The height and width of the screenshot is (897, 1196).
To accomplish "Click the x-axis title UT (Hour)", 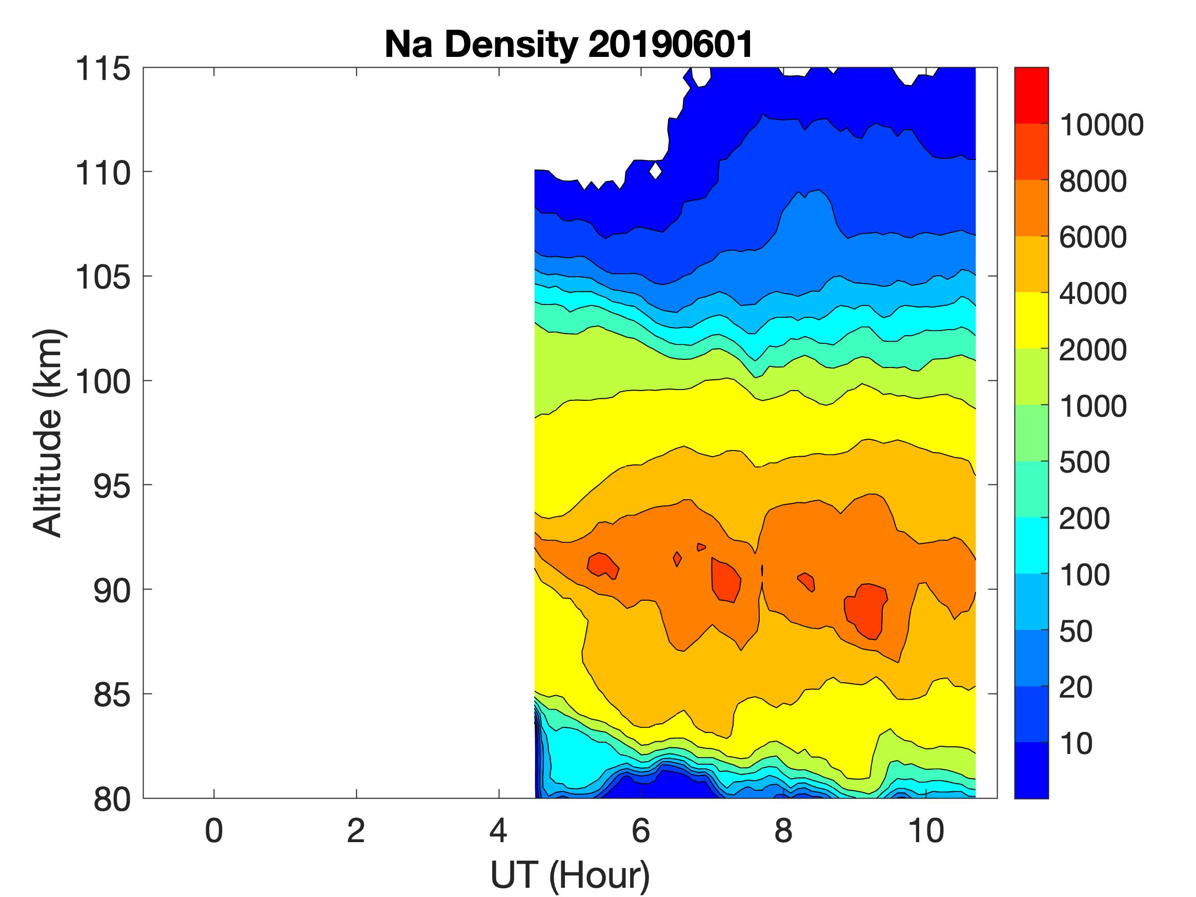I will [x=570, y=875].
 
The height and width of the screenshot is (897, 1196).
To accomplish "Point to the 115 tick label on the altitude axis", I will [x=103, y=69].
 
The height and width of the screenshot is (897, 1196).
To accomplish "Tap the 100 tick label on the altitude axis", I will [x=103, y=381].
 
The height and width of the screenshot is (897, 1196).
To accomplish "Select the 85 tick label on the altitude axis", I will [x=112, y=695].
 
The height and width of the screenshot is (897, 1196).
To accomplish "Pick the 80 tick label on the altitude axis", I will [x=112, y=799].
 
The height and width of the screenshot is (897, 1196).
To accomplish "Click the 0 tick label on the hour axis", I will [x=214, y=831].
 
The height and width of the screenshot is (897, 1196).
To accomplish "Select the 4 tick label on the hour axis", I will [x=498, y=831].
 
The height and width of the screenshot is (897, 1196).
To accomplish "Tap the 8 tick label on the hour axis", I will [x=783, y=831].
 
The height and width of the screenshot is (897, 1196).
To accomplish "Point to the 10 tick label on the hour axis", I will [x=926, y=831].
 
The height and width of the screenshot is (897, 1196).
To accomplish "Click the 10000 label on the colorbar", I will [x=1101, y=125].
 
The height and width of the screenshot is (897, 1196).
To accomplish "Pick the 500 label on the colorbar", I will [x=1084, y=462].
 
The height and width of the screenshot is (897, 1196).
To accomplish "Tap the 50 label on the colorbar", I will [x=1076, y=631].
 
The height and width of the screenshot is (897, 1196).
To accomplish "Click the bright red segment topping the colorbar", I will [x=1031, y=95].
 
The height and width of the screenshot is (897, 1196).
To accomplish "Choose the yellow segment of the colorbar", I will [x=1031, y=320].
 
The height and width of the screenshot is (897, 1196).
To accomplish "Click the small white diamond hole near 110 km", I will [x=655, y=170].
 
